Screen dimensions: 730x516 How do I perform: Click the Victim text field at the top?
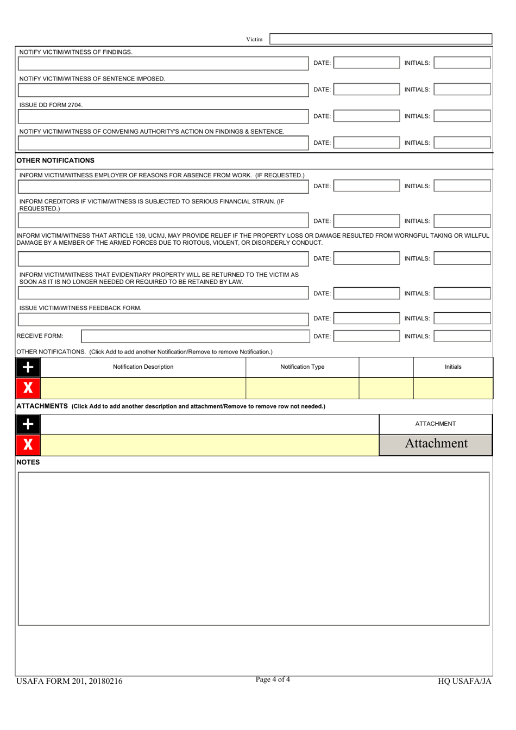pos(381,39)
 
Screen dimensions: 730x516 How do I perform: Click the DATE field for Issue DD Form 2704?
pos(366,116)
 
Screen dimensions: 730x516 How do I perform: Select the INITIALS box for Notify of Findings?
pos(462,63)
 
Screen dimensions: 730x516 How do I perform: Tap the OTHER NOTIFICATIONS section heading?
pos(55,160)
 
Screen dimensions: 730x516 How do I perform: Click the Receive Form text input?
pos(194,336)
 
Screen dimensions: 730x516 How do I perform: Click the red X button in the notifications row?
pos(28,388)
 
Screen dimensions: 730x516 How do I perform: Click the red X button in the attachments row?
pos(28,444)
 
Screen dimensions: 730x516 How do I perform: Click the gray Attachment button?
pos(436,444)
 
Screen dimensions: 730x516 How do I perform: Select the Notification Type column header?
pos(302,367)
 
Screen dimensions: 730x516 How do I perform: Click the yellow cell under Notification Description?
pos(143,388)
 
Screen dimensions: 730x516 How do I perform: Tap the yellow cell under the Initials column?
pos(453,388)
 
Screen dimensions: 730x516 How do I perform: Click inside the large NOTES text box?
pos(254,548)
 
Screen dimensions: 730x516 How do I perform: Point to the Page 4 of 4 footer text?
pos(273,679)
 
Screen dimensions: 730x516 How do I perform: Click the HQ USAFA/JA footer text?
pos(464,681)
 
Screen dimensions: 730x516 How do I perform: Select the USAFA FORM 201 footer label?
pos(70,681)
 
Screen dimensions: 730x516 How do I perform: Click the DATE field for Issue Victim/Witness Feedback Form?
pos(366,319)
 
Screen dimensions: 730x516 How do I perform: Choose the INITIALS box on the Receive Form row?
pos(462,336)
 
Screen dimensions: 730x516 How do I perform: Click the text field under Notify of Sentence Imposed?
pos(163,90)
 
